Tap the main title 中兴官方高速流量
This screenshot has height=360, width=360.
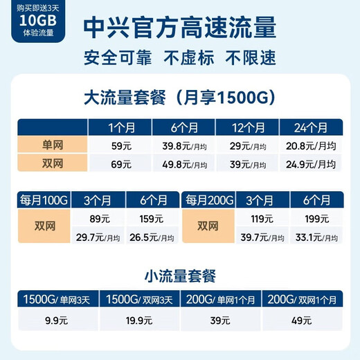tap(179, 29)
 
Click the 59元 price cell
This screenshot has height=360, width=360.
tap(120, 146)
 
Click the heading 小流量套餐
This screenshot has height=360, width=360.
tap(179, 276)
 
